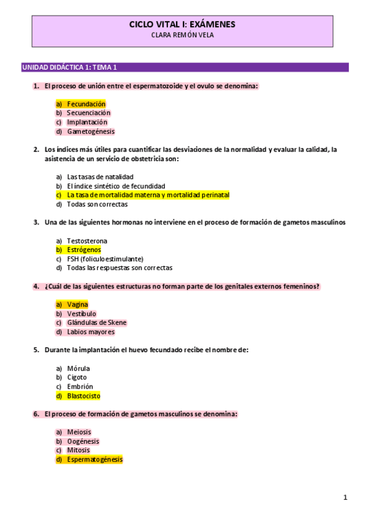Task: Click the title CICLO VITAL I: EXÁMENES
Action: point(182,24)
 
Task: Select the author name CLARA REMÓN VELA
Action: point(182,35)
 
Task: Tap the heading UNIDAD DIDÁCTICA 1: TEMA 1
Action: point(69,67)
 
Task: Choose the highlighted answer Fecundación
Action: point(86,104)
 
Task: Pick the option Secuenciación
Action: point(88,113)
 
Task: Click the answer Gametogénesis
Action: point(91,132)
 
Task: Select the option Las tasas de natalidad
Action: point(100,177)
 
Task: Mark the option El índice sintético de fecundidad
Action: point(116,186)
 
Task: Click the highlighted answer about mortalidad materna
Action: point(148,195)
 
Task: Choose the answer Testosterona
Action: point(87,240)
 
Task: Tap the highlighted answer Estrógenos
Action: point(84,250)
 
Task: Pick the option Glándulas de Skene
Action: point(97,323)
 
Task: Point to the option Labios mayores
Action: point(91,332)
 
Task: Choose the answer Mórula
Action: point(78,368)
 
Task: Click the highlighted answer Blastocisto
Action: point(83,395)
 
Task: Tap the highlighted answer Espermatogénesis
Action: point(95,460)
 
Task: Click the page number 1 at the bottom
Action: point(345,497)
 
